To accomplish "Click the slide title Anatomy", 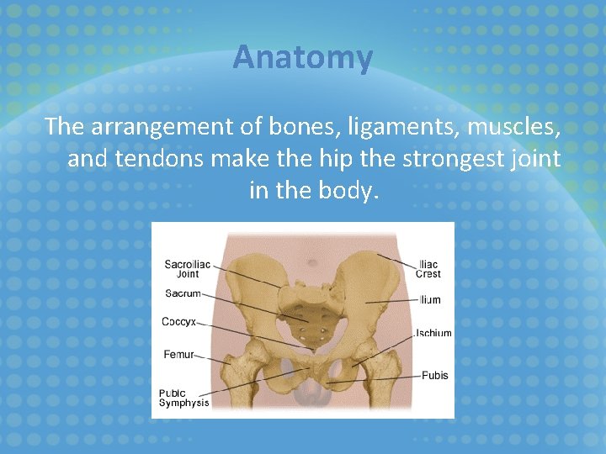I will [302, 58].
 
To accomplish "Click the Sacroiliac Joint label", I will [188, 268].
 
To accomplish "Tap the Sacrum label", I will [183, 293].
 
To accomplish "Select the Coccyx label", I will [178, 321].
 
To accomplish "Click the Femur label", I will [178, 355].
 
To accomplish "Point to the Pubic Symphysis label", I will [183, 398].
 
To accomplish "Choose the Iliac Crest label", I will [428, 269].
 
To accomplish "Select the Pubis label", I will [435, 375].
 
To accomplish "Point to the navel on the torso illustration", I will [313, 261].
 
